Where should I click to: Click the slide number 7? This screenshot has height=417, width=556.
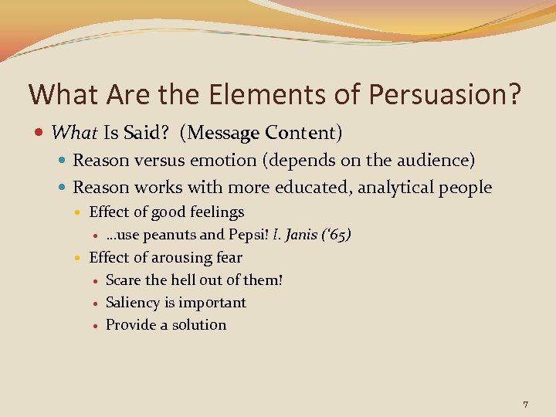click(x=525, y=405)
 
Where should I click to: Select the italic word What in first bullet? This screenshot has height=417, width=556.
click(x=74, y=133)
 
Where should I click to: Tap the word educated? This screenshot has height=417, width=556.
click(x=305, y=187)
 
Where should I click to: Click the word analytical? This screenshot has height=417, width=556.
click(x=388, y=187)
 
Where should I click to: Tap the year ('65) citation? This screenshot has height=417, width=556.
click(x=338, y=235)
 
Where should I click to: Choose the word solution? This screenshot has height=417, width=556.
click(x=198, y=325)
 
